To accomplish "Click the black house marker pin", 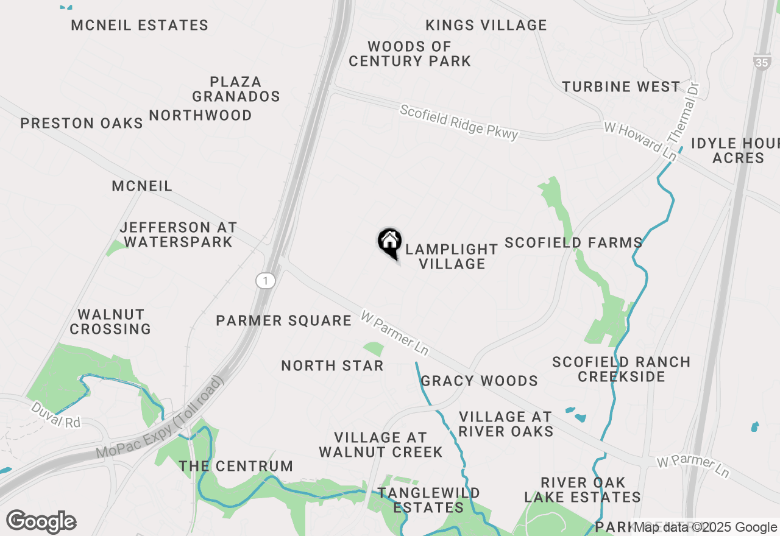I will pyautogui.click(x=390, y=242).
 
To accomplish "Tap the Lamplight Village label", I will pyautogui.click(x=452, y=256).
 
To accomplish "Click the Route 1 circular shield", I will pyautogui.click(x=265, y=281).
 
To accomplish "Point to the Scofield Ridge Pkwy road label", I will pyautogui.click(x=458, y=122).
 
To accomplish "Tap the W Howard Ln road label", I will pyautogui.click(x=640, y=141).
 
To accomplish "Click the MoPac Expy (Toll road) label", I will pyautogui.click(x=160, y=418).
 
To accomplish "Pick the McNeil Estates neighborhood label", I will pyautogui.click(x=140, y=26).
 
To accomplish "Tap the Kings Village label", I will pyautogui.click(x=486, y=26).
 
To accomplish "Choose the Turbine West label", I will pyautogui.click(x=621, y=86).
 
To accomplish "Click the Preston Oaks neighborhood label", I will pyautogui.click(x=82, y=123).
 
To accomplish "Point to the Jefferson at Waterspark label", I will pyautogui.click(x=178, y=234).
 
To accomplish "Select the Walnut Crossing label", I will pyautogui.click(x=110, y=322).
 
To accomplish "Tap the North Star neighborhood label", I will pyautogui.click(x=332, y=365).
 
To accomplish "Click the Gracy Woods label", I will pyautogui.click(x=479, y=381).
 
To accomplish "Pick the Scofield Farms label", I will pyautogui.click(x=573, y=242).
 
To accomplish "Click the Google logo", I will pyautogui.click(x=41, y=521).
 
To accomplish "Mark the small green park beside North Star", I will pyautogui.click(x=374, y=348).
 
